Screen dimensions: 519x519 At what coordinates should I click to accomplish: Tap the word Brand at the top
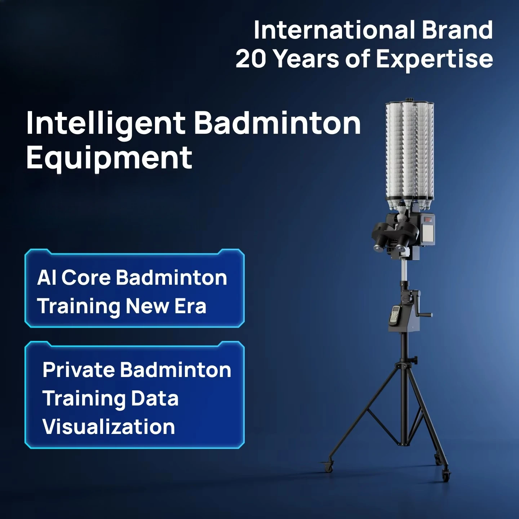pyautogui.click(x=457, y=30)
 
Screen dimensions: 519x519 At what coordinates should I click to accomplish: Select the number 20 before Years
pyautogui.click(x=250, y=59)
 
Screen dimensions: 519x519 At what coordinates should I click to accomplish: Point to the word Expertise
pyautogui.click(x=434, y=60)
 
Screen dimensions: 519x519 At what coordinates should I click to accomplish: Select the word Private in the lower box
pyautogui.click(x=79, y=370)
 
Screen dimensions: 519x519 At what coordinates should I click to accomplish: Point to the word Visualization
pyautogui.click(x=109, y=427)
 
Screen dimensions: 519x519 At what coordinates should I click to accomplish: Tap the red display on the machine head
pyautogui.click(x=427, y=219)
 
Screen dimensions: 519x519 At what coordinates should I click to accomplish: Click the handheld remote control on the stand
pyautogui.click(x=395, y=315)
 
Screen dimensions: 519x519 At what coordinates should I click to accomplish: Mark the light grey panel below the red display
pyautogui.click(x=428, y=233)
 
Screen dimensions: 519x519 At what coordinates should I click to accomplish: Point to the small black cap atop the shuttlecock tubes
pyautogui.click(x=410, y=99)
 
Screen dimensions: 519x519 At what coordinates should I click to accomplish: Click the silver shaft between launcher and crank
pyautogui.click(x=404, y=270)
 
